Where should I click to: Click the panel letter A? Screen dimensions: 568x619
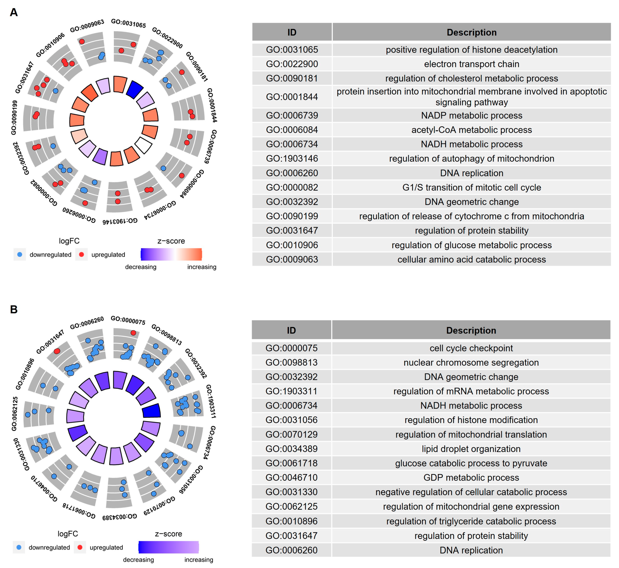(14, 12)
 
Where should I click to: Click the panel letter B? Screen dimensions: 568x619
(14, 309)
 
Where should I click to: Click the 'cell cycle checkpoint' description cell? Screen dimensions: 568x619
(471, 348)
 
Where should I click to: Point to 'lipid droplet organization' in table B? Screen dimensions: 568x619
(471, 449)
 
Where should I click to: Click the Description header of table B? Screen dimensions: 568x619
(471, 330)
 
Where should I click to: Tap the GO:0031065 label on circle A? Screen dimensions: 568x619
(128, 23)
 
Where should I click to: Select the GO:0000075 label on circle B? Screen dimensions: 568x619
(128, 320)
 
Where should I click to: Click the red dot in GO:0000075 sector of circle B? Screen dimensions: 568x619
(133, 333)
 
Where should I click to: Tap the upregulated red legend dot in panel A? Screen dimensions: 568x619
(82, 254)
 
